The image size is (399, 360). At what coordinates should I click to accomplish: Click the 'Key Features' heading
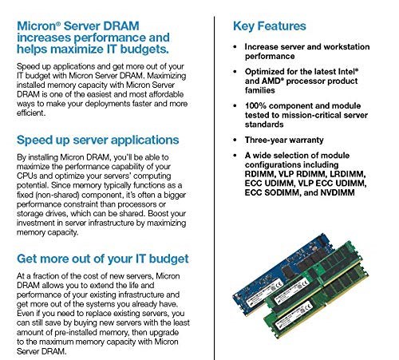coord(270,26)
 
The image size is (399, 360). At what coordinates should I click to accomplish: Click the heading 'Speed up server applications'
coord(97,140)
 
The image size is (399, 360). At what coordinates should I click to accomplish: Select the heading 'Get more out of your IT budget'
coord(103,259)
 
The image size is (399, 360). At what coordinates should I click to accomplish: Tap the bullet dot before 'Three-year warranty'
coord(235,140)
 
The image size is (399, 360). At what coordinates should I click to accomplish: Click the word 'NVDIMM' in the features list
coord(338,192)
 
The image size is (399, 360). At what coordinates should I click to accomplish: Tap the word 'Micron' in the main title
coord(38,26)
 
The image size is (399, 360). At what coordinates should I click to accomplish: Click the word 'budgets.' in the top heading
coord(144,49)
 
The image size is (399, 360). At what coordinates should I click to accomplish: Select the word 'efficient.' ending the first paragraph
coord(31,113)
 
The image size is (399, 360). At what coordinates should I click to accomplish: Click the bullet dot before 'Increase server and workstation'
coord(235,47)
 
